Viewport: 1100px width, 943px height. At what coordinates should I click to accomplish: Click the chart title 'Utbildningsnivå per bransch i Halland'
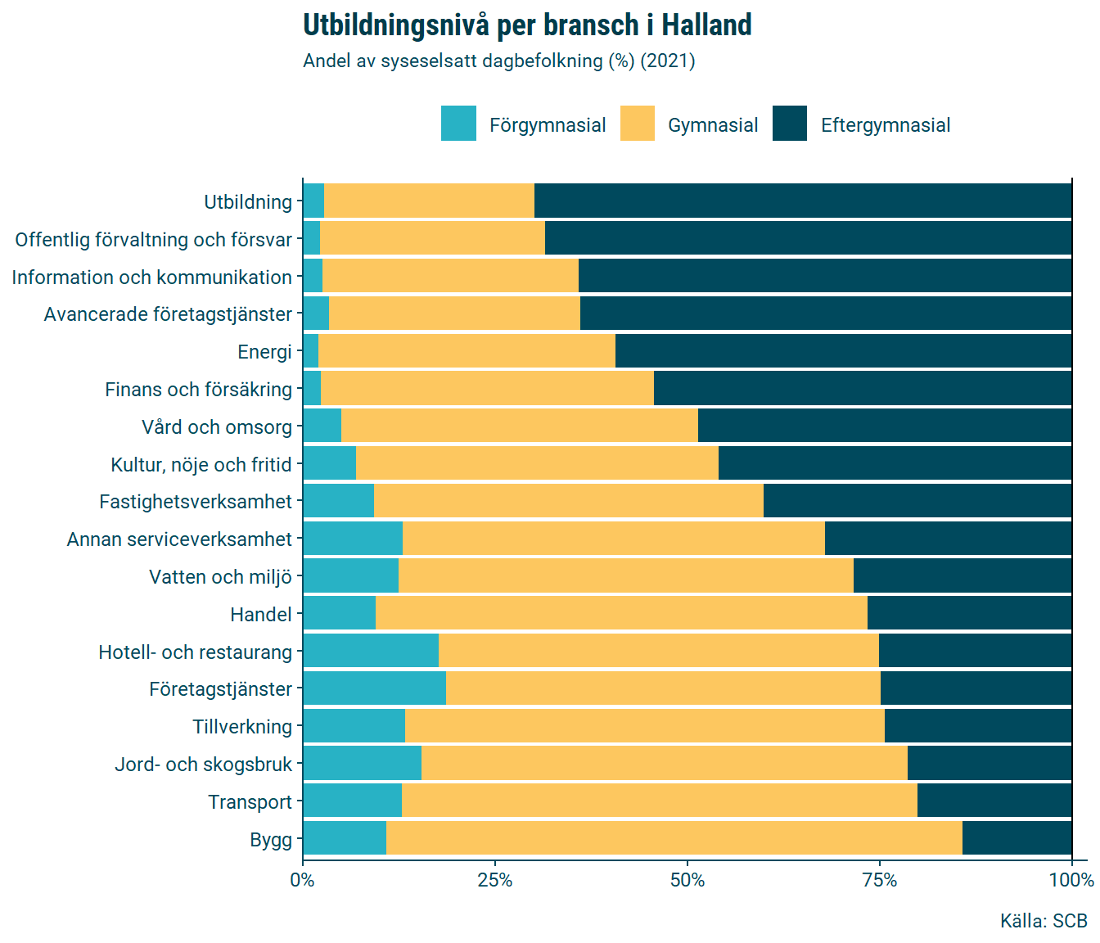tap(527, 25)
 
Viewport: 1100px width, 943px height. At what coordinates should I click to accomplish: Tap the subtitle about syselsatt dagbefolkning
tap(498, 61)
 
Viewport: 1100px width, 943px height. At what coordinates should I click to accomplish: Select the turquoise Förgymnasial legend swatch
tap(458, 124)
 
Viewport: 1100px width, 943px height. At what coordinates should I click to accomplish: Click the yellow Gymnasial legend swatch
tap(637, 124)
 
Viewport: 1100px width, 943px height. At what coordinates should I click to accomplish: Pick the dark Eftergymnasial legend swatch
tap(789, 124)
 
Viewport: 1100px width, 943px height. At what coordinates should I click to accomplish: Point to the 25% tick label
tap(495, 881)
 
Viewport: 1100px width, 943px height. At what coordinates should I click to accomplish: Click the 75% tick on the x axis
tap(880, 881)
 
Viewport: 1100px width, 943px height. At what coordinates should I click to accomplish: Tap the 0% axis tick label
tap(303, 881)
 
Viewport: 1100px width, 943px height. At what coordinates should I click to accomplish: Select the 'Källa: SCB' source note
tap(1044, 921)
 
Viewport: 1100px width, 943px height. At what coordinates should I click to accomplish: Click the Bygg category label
tap(271, 840)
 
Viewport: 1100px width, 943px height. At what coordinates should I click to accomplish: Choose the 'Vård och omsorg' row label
tap(217, 427)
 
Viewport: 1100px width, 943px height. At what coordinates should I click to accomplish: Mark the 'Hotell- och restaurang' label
tap(196, 652)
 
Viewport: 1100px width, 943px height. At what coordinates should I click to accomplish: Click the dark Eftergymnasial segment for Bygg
tap(1017, 839)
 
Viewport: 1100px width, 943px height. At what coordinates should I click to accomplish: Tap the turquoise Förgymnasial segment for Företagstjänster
tap(374, 688)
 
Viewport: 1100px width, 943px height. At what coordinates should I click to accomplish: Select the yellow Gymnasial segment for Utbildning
tap(429, 201)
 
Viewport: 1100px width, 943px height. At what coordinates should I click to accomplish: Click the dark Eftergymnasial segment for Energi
tap(843, 351)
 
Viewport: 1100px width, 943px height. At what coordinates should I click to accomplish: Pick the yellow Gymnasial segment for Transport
tap(659, 801)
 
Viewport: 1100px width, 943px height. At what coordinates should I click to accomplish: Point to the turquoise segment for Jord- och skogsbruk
tap(362, 764)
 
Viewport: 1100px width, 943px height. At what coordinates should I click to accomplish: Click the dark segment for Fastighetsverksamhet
tap(917, 501)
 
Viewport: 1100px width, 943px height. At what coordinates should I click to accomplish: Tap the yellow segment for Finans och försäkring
tap(487, 389)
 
